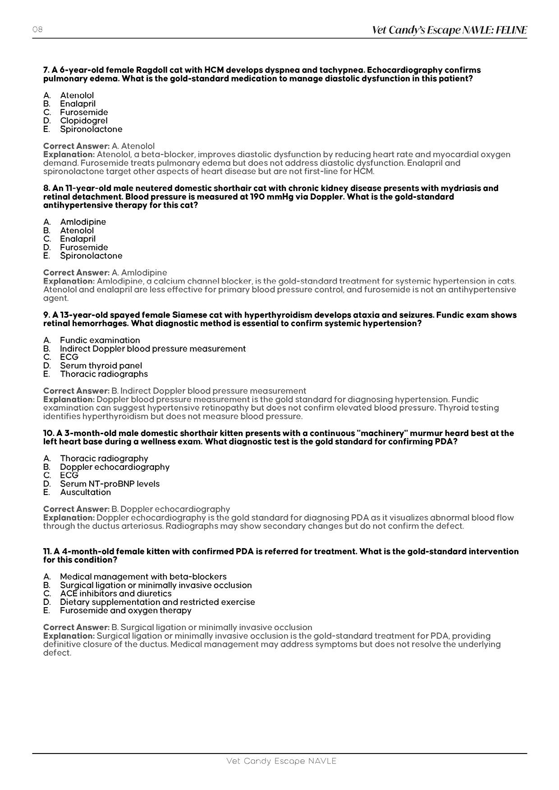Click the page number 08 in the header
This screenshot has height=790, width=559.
click(x=37, y=30)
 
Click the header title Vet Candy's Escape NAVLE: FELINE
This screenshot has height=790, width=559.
click(x=449, y=30)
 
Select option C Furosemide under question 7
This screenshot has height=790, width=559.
click(x=84, y=112)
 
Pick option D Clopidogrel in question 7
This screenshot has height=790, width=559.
click(x=83, y=121)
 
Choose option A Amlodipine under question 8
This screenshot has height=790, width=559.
click(x=83, y=222)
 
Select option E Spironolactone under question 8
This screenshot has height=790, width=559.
click(x=91, y=256)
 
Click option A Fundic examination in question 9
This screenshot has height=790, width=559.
click(x=100, y=340)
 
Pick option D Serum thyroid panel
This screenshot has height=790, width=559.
click(x=101, y=366)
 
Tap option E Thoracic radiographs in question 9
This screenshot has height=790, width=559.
click(x=104, y=374)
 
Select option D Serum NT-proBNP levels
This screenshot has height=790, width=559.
click(x=110, y=484)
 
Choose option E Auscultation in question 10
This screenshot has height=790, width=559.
click(x=85, y=492)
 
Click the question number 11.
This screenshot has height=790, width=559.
click(x=47, y=551)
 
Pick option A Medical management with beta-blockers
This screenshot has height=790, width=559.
click(x=143, y=577)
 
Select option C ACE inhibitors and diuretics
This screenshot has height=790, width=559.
click(x=115, y=594)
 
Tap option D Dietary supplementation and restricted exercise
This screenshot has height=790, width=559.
click(x=157, y=602)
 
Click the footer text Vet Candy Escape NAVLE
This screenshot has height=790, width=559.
click(x=281, y=761)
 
